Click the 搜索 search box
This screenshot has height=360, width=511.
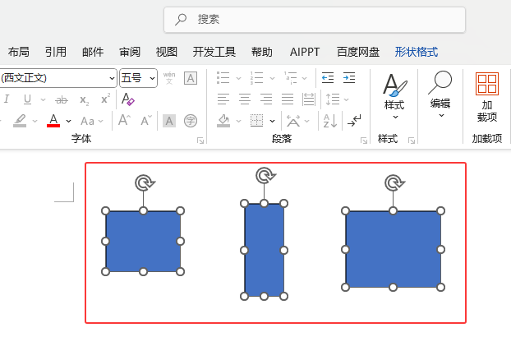point(315,20)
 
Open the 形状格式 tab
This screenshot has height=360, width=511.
point(417,52)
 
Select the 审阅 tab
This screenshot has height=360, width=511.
point(130,52)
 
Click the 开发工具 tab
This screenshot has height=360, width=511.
point(214,52)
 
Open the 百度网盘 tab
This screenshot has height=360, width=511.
point(358,52)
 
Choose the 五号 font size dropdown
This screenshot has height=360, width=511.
point(138,78)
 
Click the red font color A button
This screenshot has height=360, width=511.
point(53,121)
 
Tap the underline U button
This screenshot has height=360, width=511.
point(27,99)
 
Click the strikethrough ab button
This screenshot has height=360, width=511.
point(62,99)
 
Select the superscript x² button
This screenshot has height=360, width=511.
point(105,99)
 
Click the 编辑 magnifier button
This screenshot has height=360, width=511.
point(440,94)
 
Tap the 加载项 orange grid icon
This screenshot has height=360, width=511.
point(487,84)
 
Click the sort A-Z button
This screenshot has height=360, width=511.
point(329,121)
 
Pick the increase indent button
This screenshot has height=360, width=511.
point(349,78)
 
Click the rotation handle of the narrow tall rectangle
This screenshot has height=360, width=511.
point(265,175)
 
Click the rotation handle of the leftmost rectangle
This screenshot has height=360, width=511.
point(145,182)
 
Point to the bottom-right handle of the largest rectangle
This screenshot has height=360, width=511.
point(440,288)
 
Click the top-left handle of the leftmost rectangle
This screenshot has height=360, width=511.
point(106,211)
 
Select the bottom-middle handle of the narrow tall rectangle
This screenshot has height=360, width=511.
point(264,297)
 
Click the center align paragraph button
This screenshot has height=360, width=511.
point(245,99)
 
